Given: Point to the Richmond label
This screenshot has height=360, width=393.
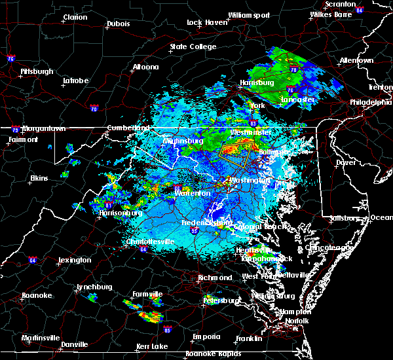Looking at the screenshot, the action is pos(215,278).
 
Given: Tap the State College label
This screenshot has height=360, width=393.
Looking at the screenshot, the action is pos(193,46).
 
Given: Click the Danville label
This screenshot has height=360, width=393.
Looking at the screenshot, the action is pos(74,344).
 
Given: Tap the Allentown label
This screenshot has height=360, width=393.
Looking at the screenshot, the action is pos(356,60).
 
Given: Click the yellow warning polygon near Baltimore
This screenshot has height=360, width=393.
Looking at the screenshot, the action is pos(236,154).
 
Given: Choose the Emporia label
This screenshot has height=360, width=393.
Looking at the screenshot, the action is pos(206,336).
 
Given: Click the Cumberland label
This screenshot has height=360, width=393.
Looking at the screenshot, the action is pos(124,128).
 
